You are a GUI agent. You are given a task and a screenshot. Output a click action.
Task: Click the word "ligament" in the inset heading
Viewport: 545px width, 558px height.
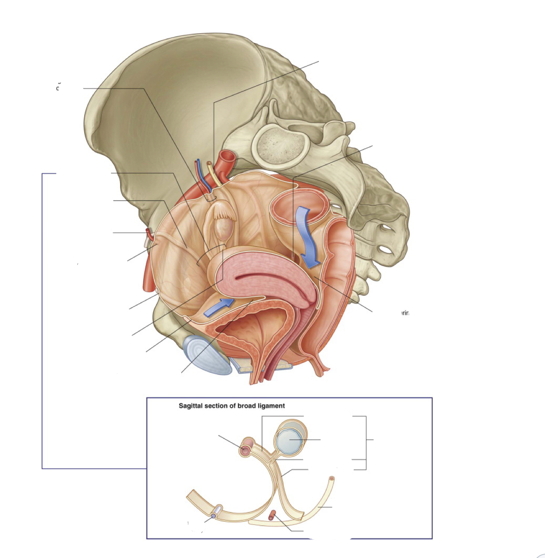(x=270, y=406)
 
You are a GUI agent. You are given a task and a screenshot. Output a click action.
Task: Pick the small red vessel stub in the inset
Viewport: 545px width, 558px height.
(x=273, y=515)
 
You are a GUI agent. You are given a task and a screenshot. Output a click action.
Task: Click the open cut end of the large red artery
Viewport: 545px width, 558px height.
(x=228, y=156)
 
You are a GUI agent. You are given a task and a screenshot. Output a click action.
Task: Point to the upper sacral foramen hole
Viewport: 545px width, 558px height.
(x=381, y=229)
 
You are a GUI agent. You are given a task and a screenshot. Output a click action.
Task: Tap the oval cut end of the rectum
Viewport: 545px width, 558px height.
(x=299, y=204)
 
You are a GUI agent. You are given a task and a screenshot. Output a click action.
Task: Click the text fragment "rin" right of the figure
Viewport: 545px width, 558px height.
(x=405, y=313)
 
